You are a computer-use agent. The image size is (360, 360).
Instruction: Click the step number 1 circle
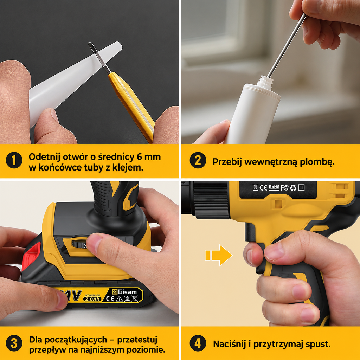coord(14,160)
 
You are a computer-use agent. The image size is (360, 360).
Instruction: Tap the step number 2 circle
coord(198,160)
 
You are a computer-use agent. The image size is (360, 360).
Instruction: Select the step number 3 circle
coord(14,343)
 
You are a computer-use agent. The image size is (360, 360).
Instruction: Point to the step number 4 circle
coord(198,343)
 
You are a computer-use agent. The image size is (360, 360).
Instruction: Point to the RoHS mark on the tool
coord(274,187)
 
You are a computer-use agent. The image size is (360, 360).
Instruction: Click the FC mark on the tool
coord(284,188)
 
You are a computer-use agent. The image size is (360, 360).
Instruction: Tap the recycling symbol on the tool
coord(293,188)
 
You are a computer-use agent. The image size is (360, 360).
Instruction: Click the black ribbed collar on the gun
coord(211,200)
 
